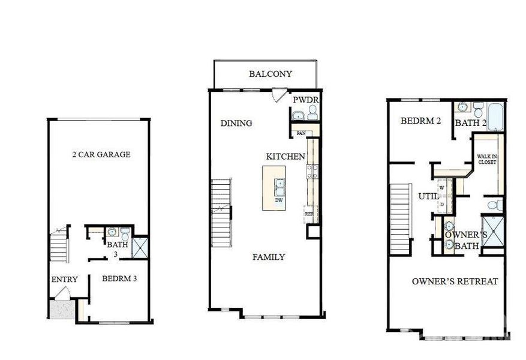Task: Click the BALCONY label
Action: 270,74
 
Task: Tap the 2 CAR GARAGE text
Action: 101,155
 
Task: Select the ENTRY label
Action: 64,280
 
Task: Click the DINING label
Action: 236,124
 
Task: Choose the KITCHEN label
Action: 285,157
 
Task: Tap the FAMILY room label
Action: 268,257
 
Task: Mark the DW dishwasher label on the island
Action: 279,200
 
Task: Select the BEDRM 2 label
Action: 421,121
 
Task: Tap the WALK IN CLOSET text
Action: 486,159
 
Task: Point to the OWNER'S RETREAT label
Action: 455,281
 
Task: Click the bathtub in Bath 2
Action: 495,116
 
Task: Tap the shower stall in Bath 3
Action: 140,248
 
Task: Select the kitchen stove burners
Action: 312,172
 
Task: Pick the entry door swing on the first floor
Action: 63,294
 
